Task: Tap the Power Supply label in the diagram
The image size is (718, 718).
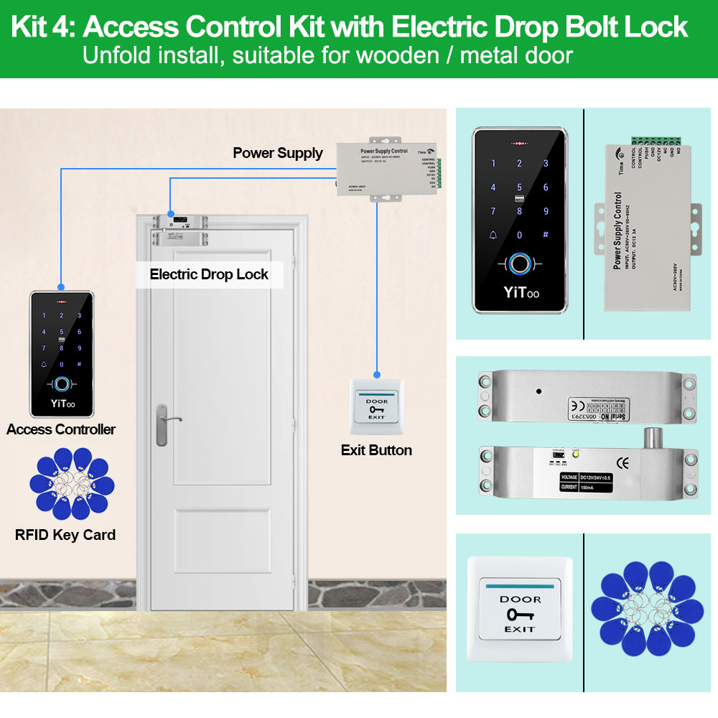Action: [278, 153]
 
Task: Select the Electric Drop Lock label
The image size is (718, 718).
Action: [209, 274]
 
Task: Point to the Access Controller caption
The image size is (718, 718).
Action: [61, 429]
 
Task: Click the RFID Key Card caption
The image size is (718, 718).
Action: [65, 535]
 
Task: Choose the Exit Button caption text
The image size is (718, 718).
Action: [376, 450]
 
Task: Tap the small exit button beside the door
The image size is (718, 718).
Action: [376, 406]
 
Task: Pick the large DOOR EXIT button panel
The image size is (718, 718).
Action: [520, 610]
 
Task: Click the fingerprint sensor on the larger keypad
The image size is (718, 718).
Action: [519, 264]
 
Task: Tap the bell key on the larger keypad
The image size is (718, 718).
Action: [493, 235]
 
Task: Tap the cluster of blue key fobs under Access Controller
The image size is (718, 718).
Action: [70, 483]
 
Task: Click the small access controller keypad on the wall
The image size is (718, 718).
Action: [61, 353]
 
